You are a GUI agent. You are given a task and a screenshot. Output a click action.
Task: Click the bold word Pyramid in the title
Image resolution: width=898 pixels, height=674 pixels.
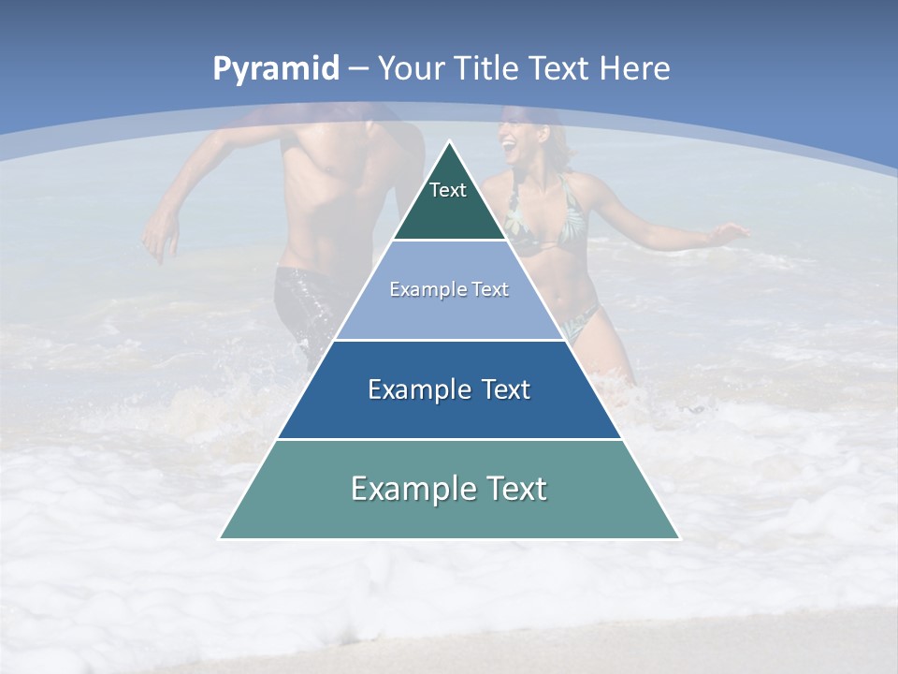[x=276, y=69]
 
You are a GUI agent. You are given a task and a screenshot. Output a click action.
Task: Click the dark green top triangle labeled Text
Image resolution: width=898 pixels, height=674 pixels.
[x=449, y=201]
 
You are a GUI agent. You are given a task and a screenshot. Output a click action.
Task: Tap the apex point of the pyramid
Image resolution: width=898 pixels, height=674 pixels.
[x=449, y=142]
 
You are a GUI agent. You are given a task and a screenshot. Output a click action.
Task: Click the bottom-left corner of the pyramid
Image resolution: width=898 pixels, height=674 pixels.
[x=221, y=537]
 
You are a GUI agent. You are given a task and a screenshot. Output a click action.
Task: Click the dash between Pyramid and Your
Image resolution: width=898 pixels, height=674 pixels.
[x=358, y=69]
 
